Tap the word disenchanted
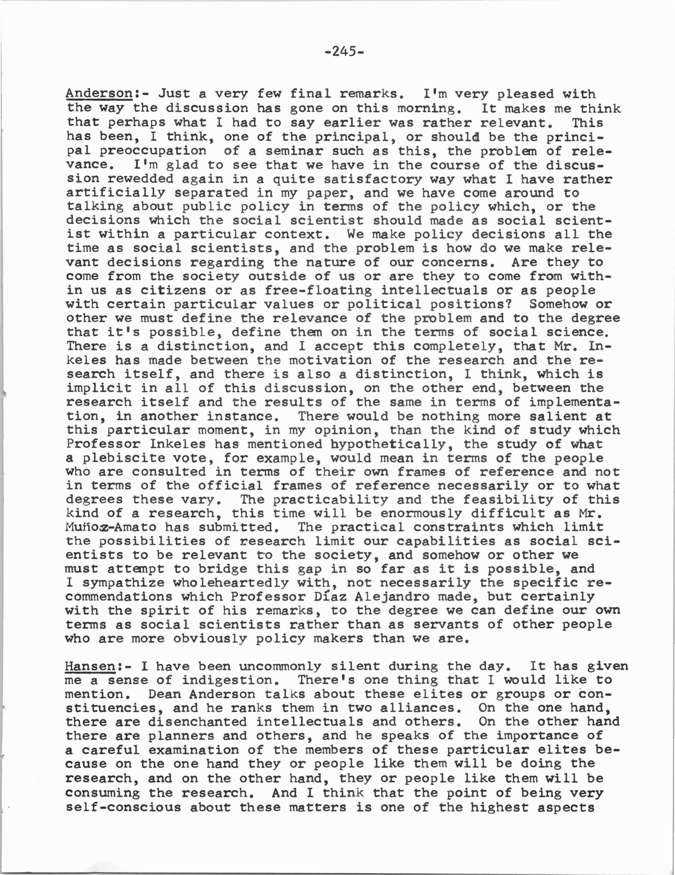(197, 722)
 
